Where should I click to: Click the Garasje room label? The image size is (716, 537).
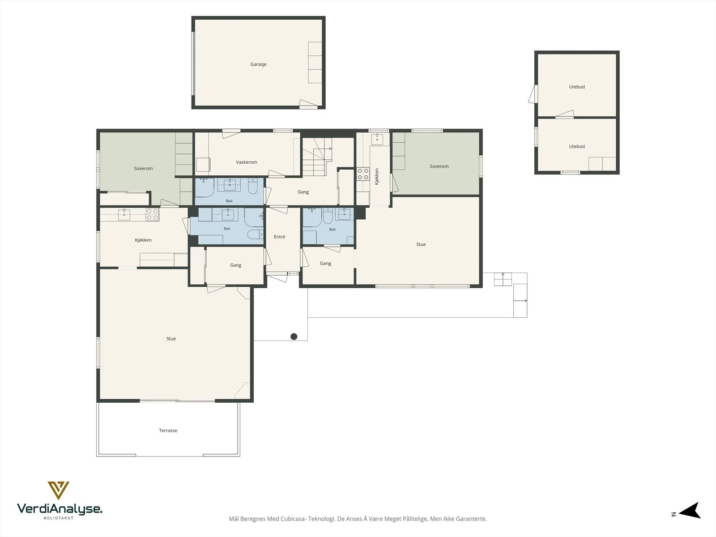258,64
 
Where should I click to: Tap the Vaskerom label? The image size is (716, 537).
247,162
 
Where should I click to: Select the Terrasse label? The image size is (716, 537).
168,430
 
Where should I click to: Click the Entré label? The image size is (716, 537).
280,237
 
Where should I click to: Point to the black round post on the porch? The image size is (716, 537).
294,337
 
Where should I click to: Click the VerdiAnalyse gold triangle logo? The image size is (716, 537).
58,490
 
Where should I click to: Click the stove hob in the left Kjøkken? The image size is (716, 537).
152,214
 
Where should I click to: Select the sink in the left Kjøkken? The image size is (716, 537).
124,215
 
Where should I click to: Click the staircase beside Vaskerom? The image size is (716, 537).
317,157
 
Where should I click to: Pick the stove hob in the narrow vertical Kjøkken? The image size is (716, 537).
363,174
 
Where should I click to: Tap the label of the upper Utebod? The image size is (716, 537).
577,87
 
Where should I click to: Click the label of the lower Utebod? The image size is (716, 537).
577,146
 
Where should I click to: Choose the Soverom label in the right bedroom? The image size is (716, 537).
439,166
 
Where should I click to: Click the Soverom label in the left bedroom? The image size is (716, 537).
143,169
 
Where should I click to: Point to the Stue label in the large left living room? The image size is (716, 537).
171,339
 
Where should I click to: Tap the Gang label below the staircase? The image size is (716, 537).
303,192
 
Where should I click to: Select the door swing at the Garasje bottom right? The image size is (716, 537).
309,104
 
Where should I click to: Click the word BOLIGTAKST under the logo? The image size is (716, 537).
58,518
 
